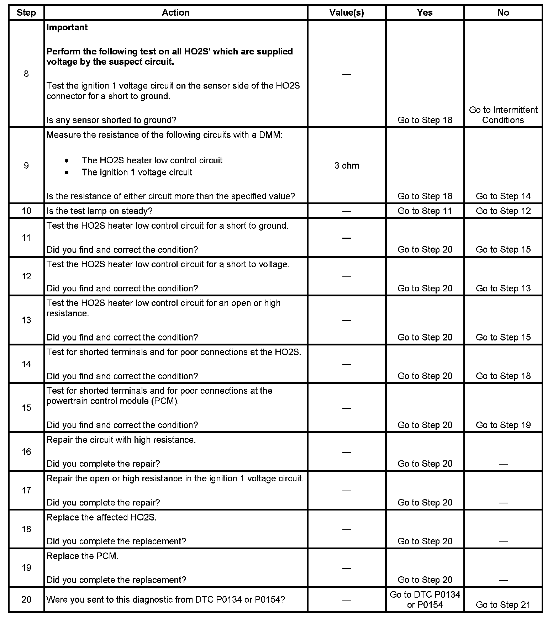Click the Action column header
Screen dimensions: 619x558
point(175,13)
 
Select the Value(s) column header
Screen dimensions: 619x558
point(347,13)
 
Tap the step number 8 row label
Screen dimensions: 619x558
point(26,74)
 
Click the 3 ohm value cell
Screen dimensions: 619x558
point(347,166)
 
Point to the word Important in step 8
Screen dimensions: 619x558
point(67,27)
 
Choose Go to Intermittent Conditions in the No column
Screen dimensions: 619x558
point(503,115)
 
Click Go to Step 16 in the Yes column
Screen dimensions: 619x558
point(425,196)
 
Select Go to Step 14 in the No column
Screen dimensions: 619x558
point(503,196)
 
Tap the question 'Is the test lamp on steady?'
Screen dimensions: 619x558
point(99,211)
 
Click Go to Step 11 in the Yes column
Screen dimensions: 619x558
point(425,211)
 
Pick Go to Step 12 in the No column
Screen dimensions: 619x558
point(503,211)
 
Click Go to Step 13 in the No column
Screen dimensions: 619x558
point(503,289)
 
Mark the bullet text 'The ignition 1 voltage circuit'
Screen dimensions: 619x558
point(137,173)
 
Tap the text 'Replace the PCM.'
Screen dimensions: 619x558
point(82,556)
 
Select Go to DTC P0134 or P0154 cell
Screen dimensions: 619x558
point(425,599)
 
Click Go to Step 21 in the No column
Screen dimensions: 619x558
point(503,605)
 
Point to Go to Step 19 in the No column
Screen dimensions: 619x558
point(503,425)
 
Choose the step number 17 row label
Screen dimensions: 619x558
point(26,491)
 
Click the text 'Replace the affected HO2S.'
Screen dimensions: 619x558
point(101,517)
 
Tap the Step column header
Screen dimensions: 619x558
point(26,13)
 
